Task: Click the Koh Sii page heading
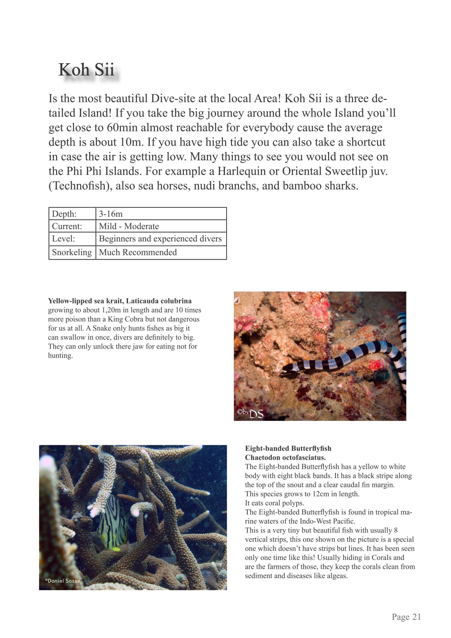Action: (x=86, y=70)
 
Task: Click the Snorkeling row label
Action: (x=72, y=252)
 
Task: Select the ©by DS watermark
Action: (x=250, y=413)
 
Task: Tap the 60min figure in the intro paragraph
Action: (x=122, y=128)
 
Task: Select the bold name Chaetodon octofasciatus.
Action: (x=285, y=457)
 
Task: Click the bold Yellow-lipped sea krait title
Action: (x=120, y=301)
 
